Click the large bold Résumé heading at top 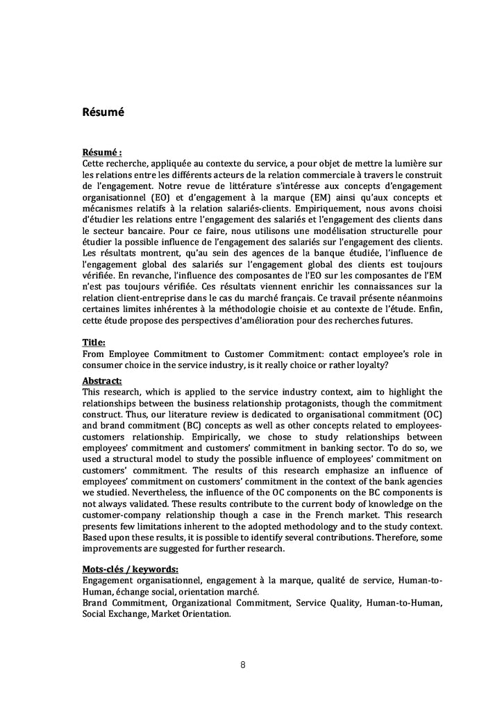coord(103,111)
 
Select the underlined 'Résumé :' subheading coord(102,151)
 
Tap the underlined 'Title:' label coord(94,342)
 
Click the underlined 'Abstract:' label coord(102,381)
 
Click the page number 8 coord(243,664)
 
